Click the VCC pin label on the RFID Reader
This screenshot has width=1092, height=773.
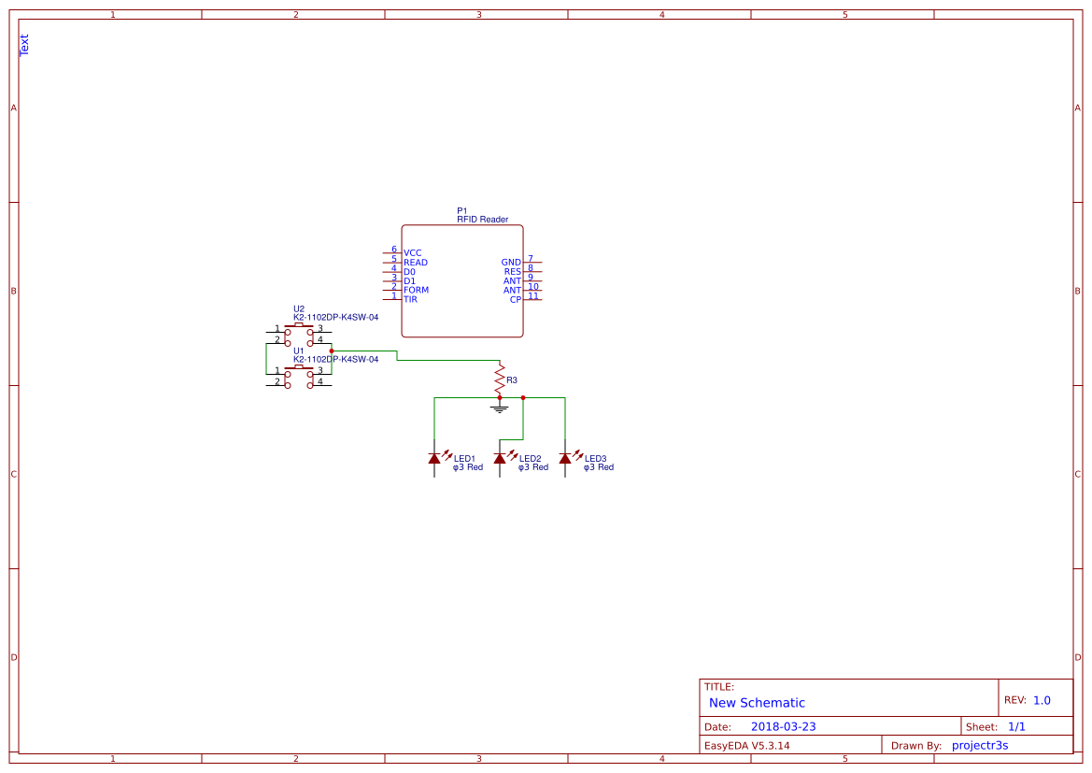(x=412, y=253)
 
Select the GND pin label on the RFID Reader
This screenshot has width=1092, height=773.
(x=511, y=263)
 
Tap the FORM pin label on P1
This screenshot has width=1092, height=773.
(x=416, y=291)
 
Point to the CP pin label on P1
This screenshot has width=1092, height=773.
(x=516, y=300)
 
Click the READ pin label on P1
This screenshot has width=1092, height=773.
(x=416, y=263)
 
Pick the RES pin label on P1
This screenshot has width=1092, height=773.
(x=513, y=272)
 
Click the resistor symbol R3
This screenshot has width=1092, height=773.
(x=500, y=378)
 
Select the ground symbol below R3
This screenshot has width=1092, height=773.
(x=500, y=408)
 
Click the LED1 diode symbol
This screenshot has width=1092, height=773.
(x=434, y=458)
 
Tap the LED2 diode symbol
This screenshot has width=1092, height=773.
(x=500, y=458)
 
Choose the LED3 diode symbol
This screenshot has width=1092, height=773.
(x=565, y=458)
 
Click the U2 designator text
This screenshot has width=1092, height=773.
(x=299, y=308)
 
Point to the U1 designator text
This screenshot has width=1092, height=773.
(x=299, y=351)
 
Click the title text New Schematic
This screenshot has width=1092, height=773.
(x=757, y=703)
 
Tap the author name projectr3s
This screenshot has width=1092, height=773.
(x=979, y=745)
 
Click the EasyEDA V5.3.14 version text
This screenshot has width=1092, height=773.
(x=746, y=745)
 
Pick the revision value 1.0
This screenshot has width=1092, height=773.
(x=1042, y=700)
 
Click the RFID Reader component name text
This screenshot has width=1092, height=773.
(x=482, y=220)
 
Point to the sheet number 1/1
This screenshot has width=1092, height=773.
(x=1016, y=726)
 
